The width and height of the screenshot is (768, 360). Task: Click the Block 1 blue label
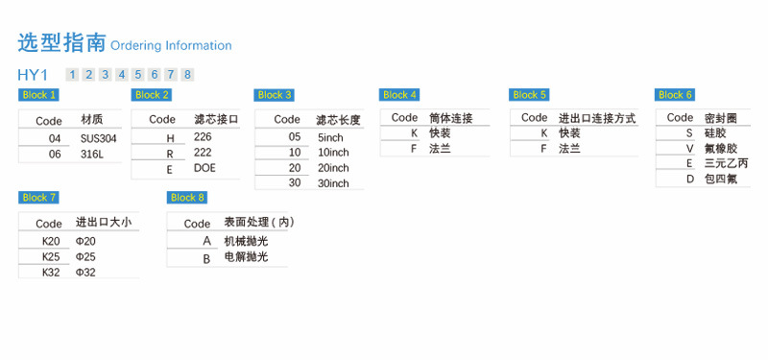[x=38, y=95]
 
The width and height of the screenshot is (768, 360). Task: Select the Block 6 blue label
[x=675, y=95]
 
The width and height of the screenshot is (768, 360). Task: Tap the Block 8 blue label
[x=187, y=198]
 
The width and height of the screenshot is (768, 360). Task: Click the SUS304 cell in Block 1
[x=99, y=138]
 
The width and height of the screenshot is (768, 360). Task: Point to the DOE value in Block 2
[x=204, y=168]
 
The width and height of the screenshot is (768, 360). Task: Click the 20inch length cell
[x=333, y=168]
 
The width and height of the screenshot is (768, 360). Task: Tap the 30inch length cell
[x=333, y=183]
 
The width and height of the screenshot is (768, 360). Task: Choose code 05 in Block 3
[x=295, y=137]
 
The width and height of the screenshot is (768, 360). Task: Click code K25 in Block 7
[x=51, y=256]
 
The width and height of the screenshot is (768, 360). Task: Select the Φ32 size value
[x=85, y=273]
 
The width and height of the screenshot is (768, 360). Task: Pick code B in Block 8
[x=206, y=259]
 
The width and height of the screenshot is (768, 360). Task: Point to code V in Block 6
[x=690, y=149]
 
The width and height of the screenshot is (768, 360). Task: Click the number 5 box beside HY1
[x=138, y=75]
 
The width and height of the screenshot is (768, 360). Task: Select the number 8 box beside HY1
[x=187, y=75]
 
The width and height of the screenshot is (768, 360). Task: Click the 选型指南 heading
[x=61, y=43]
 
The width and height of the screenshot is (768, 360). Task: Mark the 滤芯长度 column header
[x=339, y=120]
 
